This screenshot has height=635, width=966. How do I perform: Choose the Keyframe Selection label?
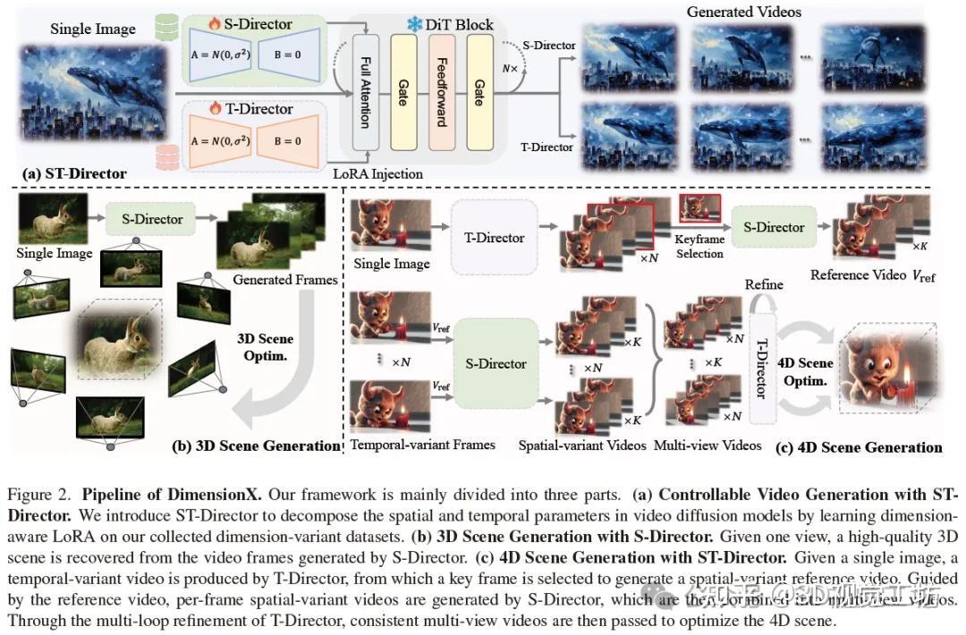tap(699, 247)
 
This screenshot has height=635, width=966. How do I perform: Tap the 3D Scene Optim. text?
tap(265, 346)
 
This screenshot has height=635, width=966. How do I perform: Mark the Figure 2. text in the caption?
tap(36, 494)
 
